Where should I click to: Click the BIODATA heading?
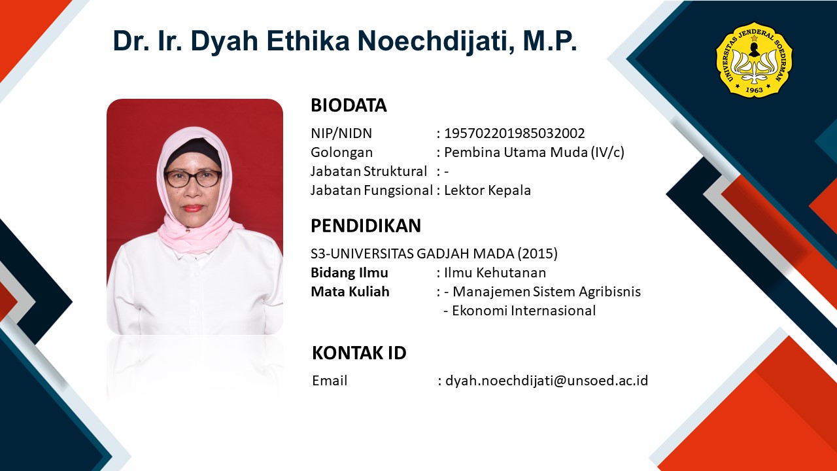point(349,105)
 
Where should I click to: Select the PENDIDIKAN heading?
point(366,226)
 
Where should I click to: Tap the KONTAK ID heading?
point(359,353)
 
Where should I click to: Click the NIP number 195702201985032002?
point(515,133)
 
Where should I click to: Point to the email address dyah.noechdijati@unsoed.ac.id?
point(547,381)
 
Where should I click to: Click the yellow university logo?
point(754,60)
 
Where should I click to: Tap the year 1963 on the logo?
point(754,90)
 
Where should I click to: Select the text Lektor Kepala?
point(487,190)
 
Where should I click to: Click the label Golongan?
point(341,152)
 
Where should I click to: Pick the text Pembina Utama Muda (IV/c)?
point(534,152)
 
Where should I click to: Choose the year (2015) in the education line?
point(538,254)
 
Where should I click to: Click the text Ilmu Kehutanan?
point(495,273)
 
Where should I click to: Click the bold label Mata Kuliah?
point(350,292)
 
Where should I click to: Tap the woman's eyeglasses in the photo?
point(193,178)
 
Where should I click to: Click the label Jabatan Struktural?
point(368,171)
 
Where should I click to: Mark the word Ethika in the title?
point(307,41)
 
